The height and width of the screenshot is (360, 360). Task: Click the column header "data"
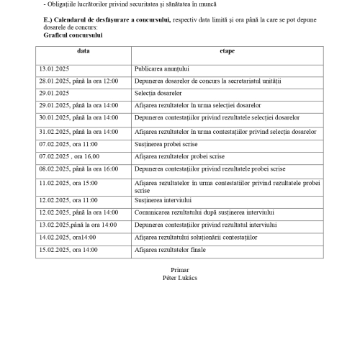pyautogui.click(x=84, y=51)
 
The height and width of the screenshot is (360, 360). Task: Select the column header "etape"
pyautogui.click(x=227, y=51)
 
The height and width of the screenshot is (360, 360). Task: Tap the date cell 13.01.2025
pyautogui.click(x=54, y=68)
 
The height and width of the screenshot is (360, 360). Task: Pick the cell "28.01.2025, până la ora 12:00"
pyautogui.click(x=78, y=81)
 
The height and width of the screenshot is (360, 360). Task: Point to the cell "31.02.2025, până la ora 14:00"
pyautogui.click(x=78, y=132)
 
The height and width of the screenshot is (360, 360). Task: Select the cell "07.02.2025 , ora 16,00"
pyautogui.click(x=71, y=156)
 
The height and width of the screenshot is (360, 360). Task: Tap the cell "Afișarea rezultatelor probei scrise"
pyautogui.click(x=180, y=156)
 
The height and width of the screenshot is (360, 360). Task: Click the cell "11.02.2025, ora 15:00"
pyautogui.click(x=68, y=183)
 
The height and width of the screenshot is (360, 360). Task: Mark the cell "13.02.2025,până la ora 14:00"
pyautogui.click(x=78, y=225)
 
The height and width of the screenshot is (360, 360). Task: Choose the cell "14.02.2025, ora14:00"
pyautogui.click(x=67, y=237)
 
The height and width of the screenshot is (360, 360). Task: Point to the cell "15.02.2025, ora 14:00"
pyautogui.click(x=68, y=249)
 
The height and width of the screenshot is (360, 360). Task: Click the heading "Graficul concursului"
pyautogui.click(x=73, y=34)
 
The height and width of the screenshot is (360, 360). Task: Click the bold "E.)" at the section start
pyautogui.click(x=49, y=19)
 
